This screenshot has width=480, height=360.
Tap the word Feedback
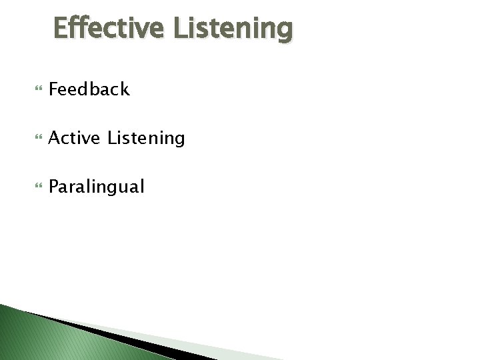click(x=89, y=89)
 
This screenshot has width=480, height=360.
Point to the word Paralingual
click(x=96, y=187)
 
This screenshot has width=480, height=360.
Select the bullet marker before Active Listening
click(x=35, y=139)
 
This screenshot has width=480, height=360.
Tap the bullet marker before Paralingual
click(x=35, y=187)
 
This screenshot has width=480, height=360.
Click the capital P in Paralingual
click(x=54, y=187)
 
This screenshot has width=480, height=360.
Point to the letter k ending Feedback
click(x=124, y=89)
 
